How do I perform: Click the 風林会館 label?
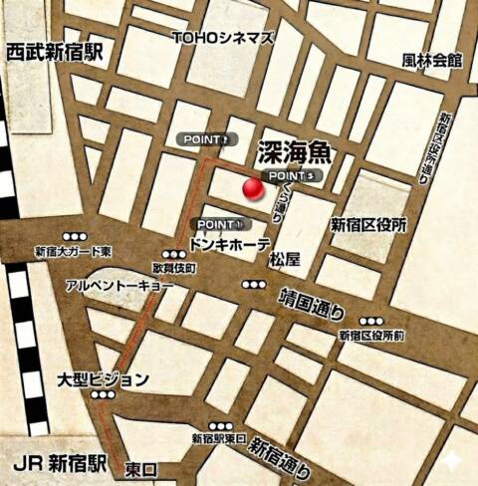coord(433,60)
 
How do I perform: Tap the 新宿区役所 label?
coord(368,225)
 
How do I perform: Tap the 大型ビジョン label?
coord(103,379)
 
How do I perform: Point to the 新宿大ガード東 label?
coord(73,251)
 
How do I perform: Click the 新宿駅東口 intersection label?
coord(218,439)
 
